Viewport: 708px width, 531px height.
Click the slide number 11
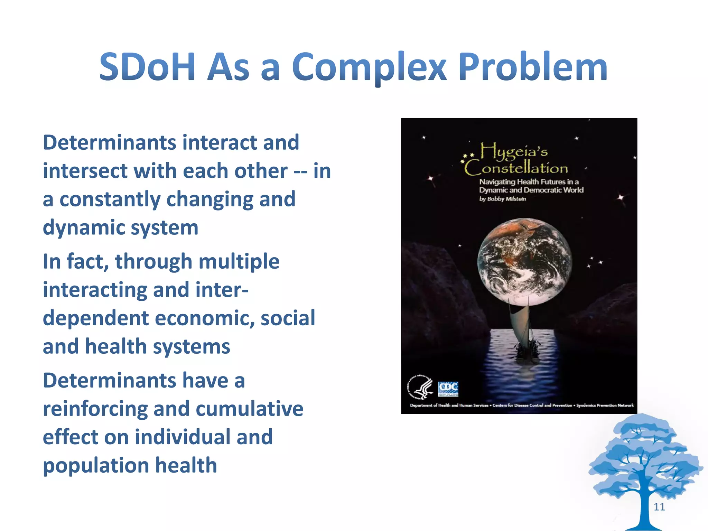tap(659, 507)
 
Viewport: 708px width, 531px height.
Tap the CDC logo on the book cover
tap(448, 389)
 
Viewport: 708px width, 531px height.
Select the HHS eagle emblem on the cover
tap(420, 387)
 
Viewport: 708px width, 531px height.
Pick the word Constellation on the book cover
tap(516, 168)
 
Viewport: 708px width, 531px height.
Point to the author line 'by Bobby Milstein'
tap(502, 199)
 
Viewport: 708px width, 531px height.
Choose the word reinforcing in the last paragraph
tap(95, 409)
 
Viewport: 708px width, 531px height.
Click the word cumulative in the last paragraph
tap(249, 409)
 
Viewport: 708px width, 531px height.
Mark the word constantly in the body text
tap(110, 199)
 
